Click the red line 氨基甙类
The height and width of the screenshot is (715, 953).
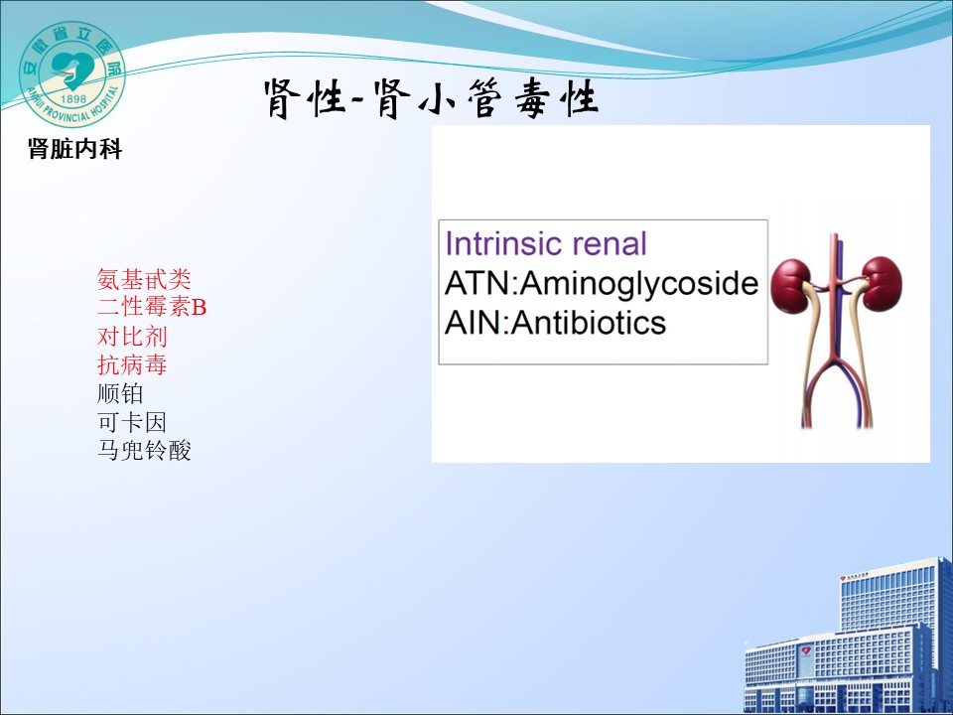coord(144,279)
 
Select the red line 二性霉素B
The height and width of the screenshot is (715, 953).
coord(152,307)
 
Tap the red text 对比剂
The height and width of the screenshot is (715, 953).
coord(132,337)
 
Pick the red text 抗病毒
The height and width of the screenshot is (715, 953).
coord(132,364)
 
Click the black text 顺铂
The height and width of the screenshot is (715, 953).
coord(120,393)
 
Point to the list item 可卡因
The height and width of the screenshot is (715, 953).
coord(132,422)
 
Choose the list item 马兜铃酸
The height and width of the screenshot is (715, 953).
coord(144,451)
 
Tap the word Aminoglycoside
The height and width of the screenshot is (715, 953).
coord(639,283)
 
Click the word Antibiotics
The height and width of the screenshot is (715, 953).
coord(589,322)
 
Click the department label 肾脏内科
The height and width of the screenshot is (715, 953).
coord(74,148)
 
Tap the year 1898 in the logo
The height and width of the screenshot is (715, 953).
coord(74,98)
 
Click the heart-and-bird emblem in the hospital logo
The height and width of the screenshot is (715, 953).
coord(71,69)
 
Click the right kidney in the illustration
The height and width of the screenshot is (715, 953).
coord(882,283)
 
